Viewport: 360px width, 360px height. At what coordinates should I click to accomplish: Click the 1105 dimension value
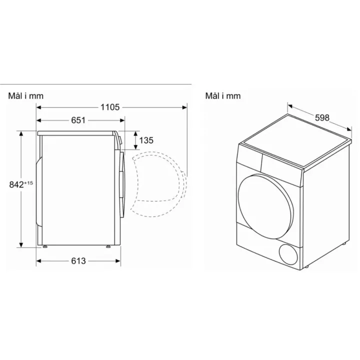[x=110, y=107]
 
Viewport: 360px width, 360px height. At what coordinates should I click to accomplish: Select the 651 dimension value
[x=78, y=120]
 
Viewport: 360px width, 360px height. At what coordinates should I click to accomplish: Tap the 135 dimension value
[x=146, y=140]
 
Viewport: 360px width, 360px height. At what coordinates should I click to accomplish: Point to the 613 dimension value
[x=78, y=261]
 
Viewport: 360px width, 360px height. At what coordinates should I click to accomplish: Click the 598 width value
[x=322, y=118]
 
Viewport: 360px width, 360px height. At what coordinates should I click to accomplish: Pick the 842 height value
[x=16, y=184]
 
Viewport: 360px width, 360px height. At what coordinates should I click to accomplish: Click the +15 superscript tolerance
[x=28, y=183]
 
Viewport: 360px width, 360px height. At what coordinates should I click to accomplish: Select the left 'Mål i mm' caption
[x=26, y=96]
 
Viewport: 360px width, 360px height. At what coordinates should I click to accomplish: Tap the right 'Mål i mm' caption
[x=223, y=96]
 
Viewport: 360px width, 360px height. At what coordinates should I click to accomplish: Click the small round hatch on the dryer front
[x=288, y=254]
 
